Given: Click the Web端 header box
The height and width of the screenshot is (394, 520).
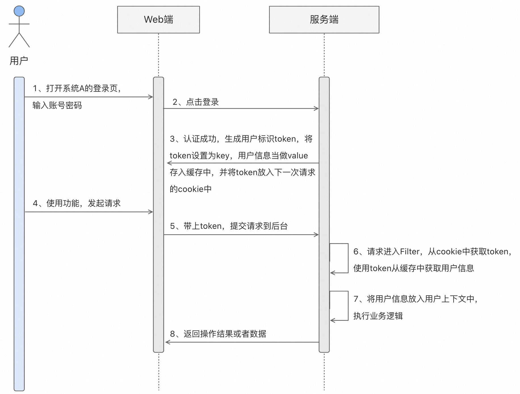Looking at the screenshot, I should [158, 20].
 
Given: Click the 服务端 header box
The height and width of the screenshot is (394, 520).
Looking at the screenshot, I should [324, 20].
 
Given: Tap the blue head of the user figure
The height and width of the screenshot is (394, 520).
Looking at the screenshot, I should [19, 11].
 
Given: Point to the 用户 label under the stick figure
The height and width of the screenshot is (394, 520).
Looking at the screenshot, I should [19, 61].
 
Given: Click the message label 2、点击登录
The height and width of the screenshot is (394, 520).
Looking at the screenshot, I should [196, 102].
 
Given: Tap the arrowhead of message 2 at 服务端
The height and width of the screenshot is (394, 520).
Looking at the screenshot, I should [316, 108].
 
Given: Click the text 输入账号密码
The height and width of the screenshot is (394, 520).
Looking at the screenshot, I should [57, 106].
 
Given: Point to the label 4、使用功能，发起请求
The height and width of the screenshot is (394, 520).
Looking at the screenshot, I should [77, 203].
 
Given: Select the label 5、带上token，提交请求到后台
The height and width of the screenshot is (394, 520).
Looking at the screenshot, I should [229, 226].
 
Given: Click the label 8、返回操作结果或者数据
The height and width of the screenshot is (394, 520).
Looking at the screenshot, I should [218, 334].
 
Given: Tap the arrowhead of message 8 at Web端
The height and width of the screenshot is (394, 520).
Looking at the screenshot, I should [167, 342].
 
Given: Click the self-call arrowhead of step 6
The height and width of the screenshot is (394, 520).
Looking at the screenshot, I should [333, 273].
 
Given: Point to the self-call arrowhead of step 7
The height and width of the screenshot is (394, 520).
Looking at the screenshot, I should [333, 320].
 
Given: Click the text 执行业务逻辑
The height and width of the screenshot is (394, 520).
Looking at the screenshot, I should [378, 316].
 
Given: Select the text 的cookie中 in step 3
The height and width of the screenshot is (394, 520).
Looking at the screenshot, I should [190, 189].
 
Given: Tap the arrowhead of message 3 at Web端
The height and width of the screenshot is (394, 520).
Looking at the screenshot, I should [169, 163].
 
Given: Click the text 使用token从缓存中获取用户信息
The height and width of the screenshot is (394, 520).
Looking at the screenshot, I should [414, 268].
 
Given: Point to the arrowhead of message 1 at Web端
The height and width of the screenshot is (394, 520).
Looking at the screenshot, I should [151, 97].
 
